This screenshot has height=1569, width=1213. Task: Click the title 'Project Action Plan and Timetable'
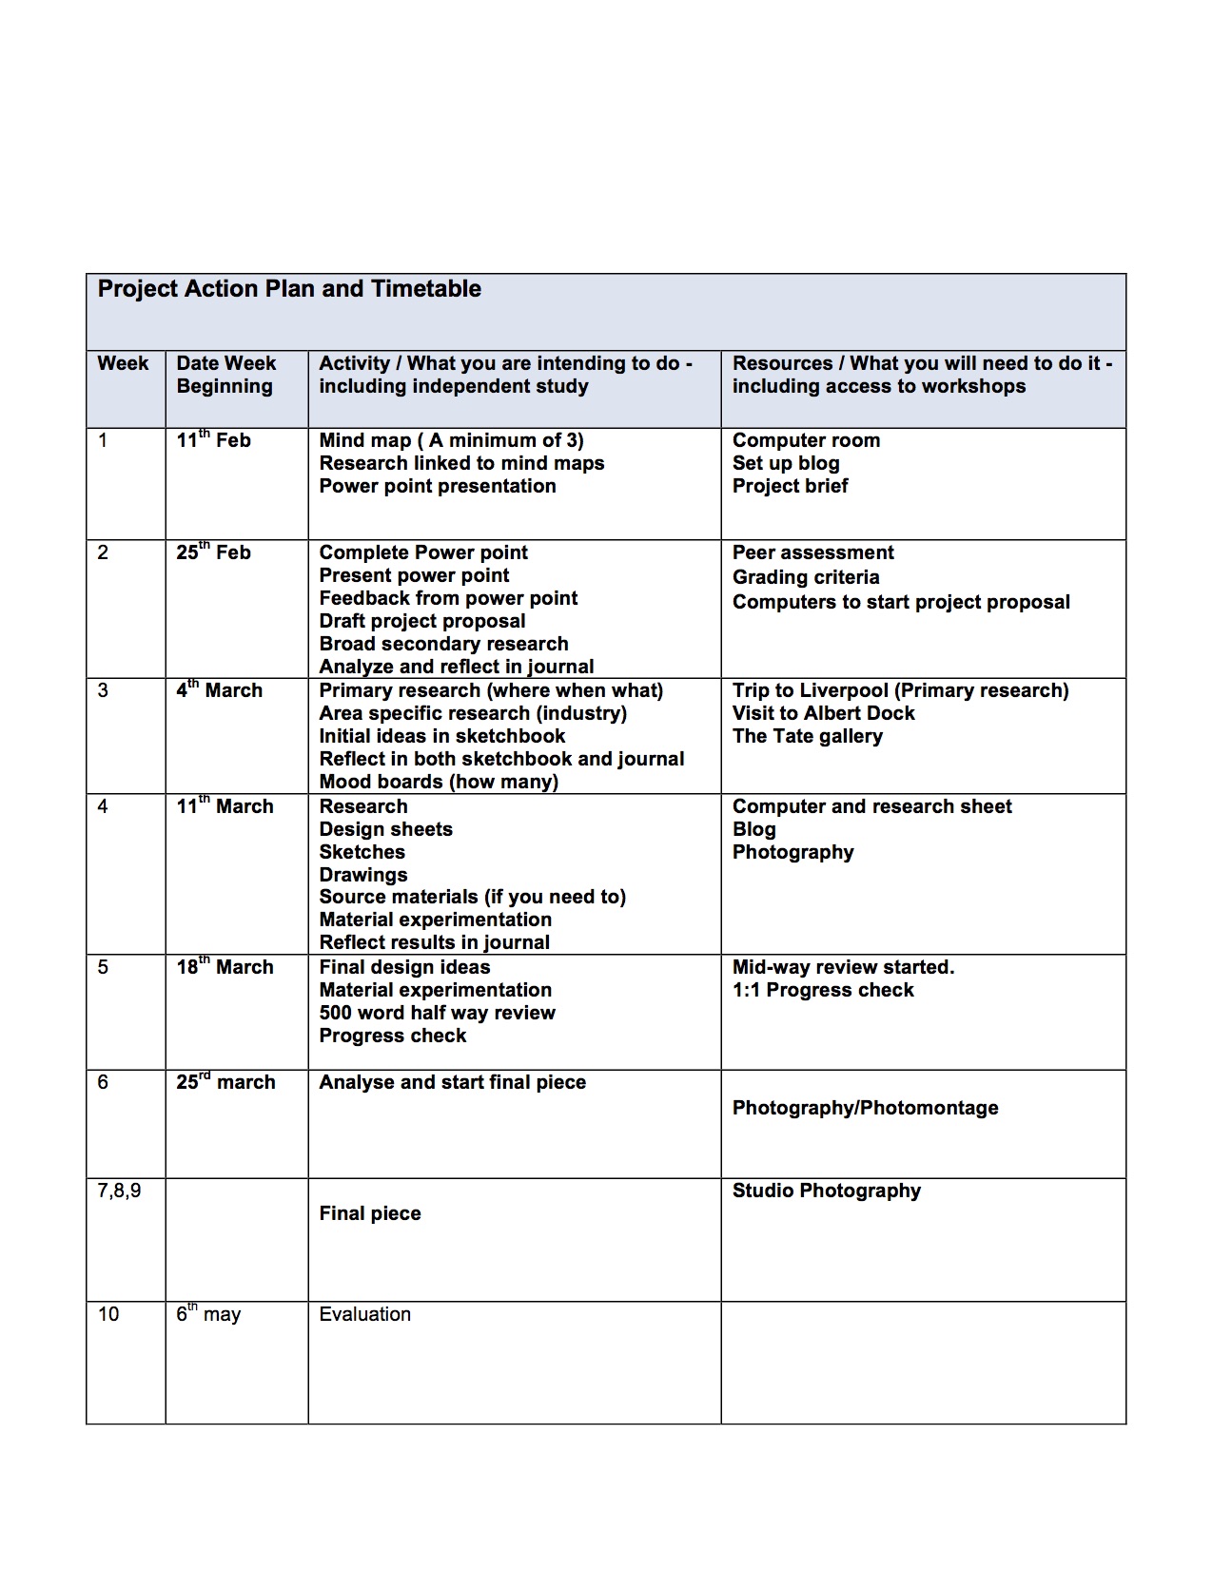point(289,289)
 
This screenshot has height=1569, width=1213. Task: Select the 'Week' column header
point(123,363)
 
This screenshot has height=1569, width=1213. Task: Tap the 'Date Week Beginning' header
point(225,375)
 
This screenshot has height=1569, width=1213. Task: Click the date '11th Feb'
point(213,440)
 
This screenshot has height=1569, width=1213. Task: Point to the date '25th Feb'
point(213,552)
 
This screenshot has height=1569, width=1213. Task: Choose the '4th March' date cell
point(219,690)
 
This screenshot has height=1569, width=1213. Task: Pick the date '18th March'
point(225,967)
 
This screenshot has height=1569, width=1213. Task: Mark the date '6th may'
point(208,1314)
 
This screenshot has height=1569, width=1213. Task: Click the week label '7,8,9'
point(119,1191)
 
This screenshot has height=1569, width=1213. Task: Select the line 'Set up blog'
point(786,463)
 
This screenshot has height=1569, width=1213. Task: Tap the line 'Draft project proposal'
point(422,621)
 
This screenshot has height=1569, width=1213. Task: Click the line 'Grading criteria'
point(806,577)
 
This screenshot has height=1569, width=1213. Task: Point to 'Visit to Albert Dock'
point(823,713)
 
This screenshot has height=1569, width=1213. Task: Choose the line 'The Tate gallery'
point(807,736)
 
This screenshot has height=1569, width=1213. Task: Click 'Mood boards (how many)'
point(439,782)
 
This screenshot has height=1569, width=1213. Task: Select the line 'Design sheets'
point(385,829)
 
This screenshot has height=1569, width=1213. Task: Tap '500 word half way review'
point(437,1013)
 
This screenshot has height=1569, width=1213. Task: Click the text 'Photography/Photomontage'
point(865,1108)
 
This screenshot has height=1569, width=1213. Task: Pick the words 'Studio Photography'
point(826,1191)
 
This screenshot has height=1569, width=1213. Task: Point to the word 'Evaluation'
point(364,1314)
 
